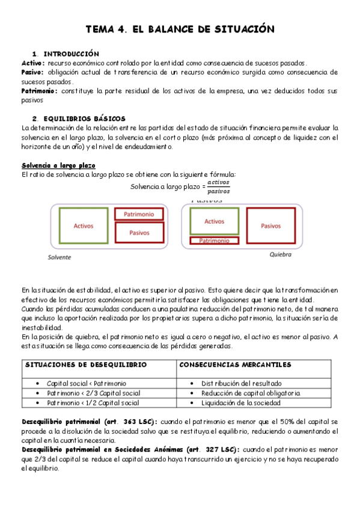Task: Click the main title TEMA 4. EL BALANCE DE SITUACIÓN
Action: tap(180, 29)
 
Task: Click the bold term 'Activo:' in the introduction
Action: tap(33, 63)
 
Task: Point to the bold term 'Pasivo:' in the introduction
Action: tap(32, 72)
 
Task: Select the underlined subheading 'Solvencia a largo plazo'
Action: tap(58, 165)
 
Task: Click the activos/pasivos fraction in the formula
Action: tap(218, 187)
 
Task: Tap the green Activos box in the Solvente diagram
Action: tap(84, 226)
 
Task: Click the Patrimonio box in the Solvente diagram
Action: tap(139, 214)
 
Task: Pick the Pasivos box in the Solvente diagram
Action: tap(139, 232)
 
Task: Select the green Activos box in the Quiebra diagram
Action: tap(214, 221)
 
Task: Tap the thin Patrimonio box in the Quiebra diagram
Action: tap(214, 241)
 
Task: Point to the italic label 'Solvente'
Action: tap(59, 257)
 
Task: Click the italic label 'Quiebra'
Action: tap(280, 254)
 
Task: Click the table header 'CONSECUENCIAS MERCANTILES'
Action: tap(236, 364)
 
